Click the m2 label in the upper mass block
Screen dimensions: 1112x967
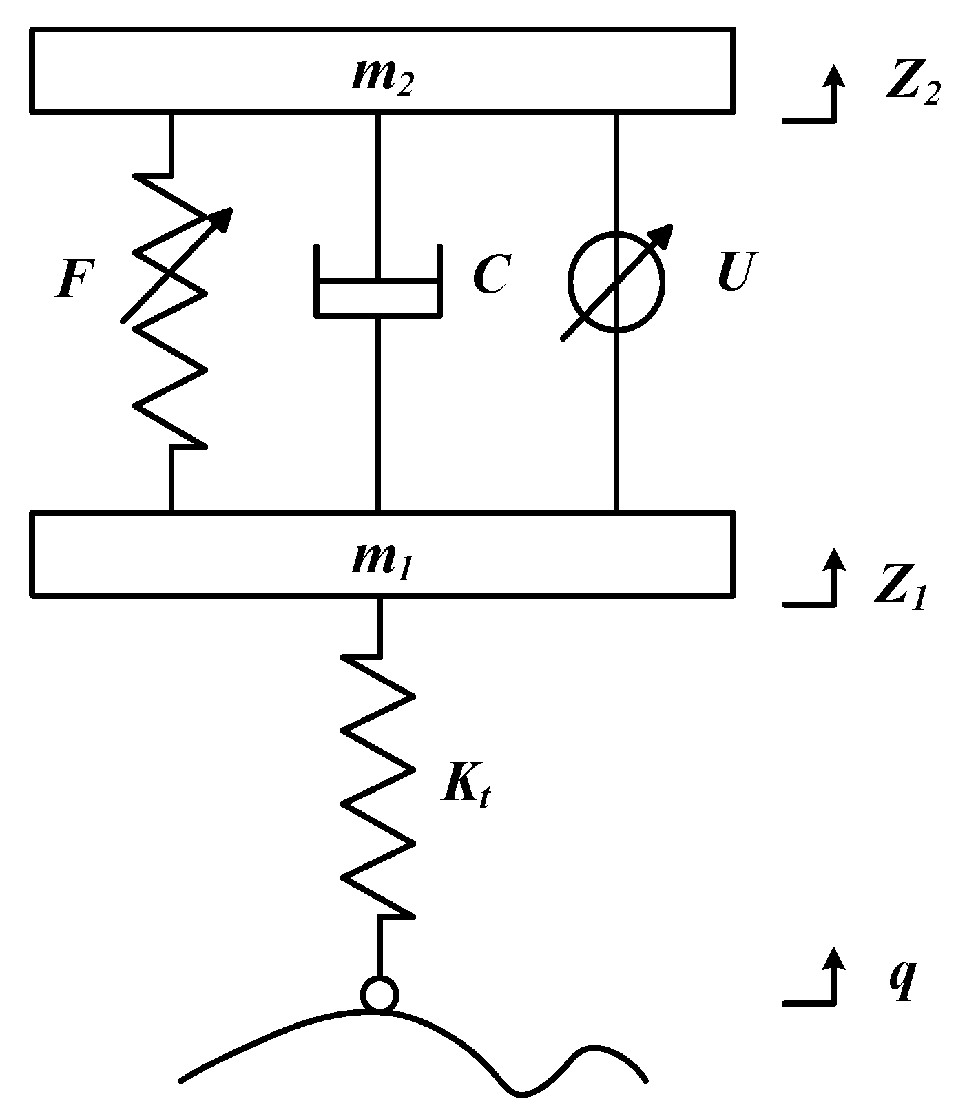coord(382,77)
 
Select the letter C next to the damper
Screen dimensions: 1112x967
coord(490,275)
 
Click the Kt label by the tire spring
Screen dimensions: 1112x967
coord(466,784)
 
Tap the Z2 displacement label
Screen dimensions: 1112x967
coord(911,85)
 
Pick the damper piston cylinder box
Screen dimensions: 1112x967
coord(377,298)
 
